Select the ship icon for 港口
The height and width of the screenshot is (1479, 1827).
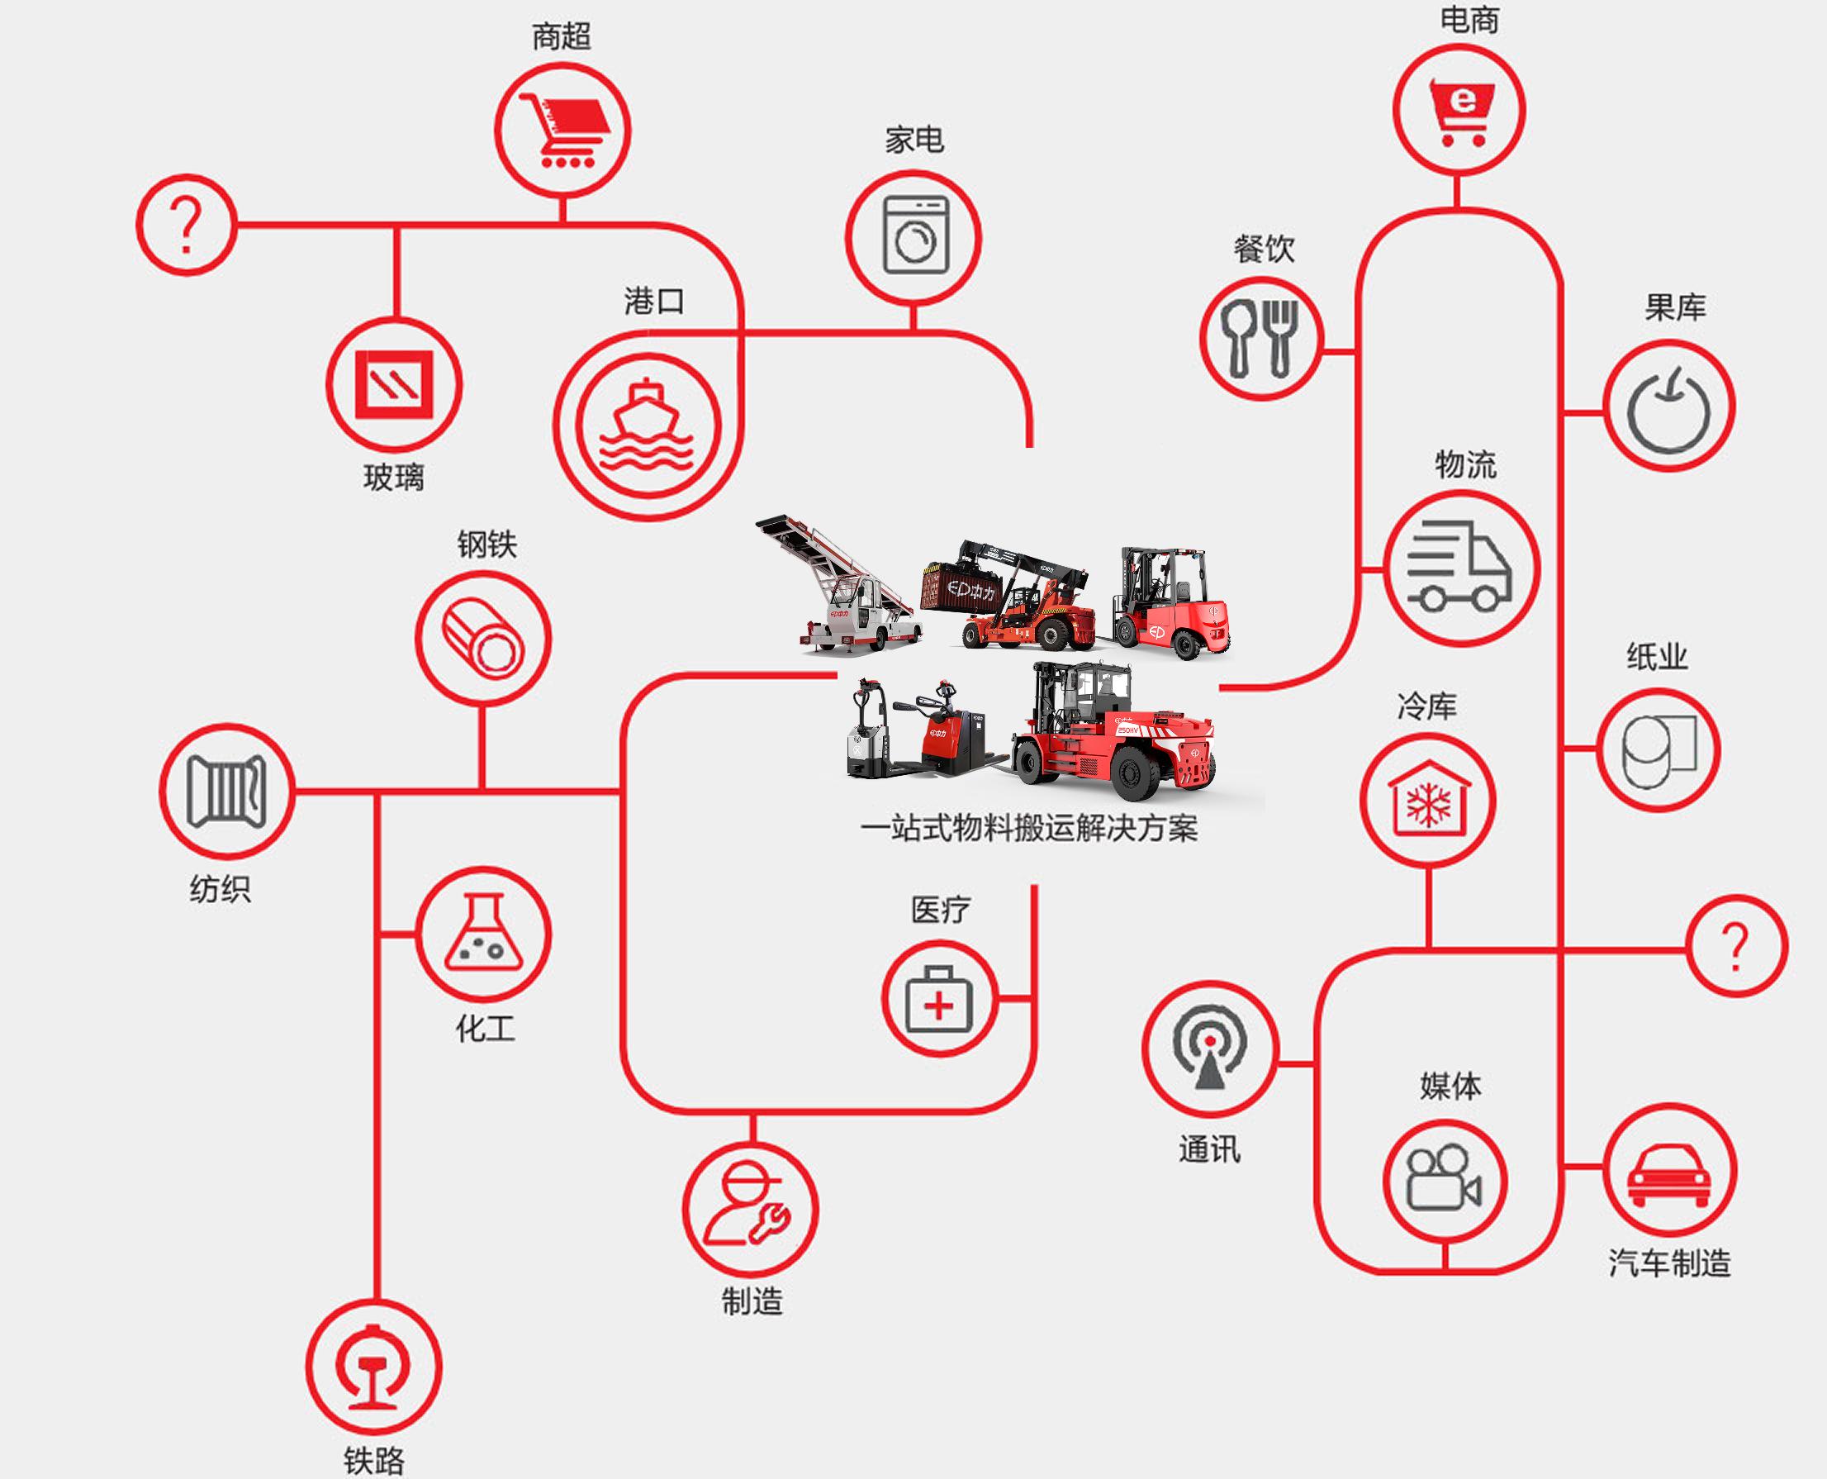pyautogui.click(x=648, y=426)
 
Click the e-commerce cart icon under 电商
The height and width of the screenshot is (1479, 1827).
pyautogui.click(x=1459, y=111)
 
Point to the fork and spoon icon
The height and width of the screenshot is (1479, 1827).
pyautogui.click(x=1260, y=338)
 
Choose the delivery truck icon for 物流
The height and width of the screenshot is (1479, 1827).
pyautogui.click(x=1462, y=568)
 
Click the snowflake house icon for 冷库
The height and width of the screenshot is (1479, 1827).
pyautogui.click(x=1427, y=801)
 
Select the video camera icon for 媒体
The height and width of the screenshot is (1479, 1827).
pyautogui.click(x=1445, y=1181)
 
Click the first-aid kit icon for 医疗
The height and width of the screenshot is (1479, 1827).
pyautogui.click(x=937, y=999)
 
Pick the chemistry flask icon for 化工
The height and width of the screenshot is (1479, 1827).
pyautogui.click(x=483, y=934)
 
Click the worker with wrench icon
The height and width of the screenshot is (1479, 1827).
pyautogui.click(x=749, y=1210)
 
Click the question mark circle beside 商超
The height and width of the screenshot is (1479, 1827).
pyautogui.click(x=187, y=225)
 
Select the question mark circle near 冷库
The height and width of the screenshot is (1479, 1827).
pyautogui.click(x=1736, y=946)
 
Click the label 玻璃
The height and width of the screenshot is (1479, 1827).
pyautogui.click(x=393, y=478)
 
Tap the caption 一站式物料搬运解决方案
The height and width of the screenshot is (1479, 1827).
pyautogui.click(x=1029, y=829)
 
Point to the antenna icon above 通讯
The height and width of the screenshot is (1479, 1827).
pyautogui.click(x=1209, y=1049)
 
